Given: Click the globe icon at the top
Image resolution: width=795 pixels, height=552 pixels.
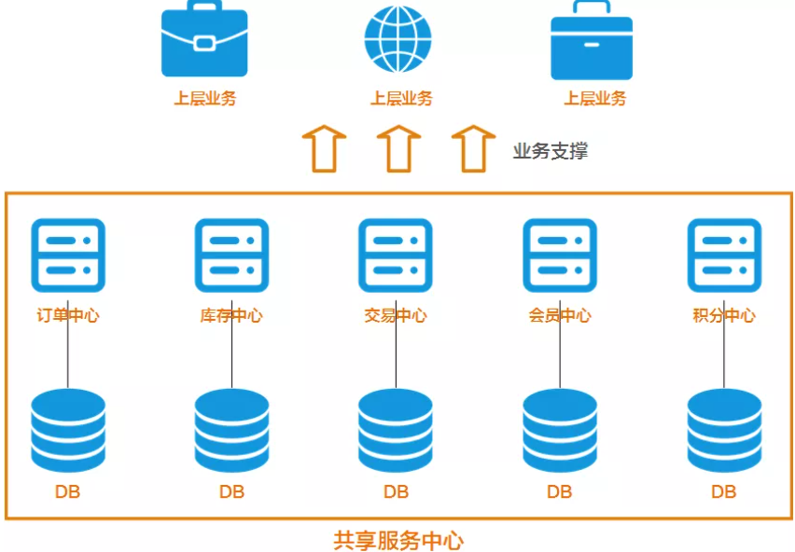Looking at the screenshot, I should pyautogui.click(x=398, y=40).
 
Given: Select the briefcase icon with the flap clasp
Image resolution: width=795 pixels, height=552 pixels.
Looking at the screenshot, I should pyautogui.click(x=204, y=41).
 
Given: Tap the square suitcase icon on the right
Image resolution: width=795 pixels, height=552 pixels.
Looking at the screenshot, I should pyautogui.click(x=592, y=43).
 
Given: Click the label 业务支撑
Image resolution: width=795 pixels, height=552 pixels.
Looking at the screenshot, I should pyautogui.click(x=551, y=151).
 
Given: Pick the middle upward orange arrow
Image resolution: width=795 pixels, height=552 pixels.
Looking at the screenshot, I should pyautogui.click(x=398, y=148).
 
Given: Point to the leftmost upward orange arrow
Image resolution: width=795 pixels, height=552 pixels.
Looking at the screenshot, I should pyautogui.click(x=324, y=148).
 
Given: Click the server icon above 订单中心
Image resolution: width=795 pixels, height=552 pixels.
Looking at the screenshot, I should pyautogui.click(x=68, y=255).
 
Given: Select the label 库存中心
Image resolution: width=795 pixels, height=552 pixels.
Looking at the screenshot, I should pyautogui.click(x=231, y=315).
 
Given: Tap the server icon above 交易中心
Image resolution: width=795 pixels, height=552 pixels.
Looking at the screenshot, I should pyautogui.click(x=396, y=255).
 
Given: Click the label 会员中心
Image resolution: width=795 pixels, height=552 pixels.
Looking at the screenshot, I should pyautogui.click(x=560, y=315).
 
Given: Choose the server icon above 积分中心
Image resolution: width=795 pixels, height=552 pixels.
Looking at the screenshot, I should pyautogui.click(x=724, y=255).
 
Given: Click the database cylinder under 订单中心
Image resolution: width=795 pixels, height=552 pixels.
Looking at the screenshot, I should pyautogui.click(x=68, y=431).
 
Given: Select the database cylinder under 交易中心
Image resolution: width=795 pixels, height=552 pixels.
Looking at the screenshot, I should pyautogui.click(x=396, y=431).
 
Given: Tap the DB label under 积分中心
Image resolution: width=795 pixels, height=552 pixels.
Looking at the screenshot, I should pyautogui.click(x=724, y=491).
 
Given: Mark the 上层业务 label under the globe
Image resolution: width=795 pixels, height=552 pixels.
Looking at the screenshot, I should pyautogui.click(x=401, y=99).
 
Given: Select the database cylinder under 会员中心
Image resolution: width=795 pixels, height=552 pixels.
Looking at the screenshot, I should pyautogui.click(x=560, y=431).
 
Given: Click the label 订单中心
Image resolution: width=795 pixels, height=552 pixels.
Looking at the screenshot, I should pyautogui.click(x=68, y=315).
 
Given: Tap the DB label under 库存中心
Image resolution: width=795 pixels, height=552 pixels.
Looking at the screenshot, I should pyautogui.click(x=231, y=491).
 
